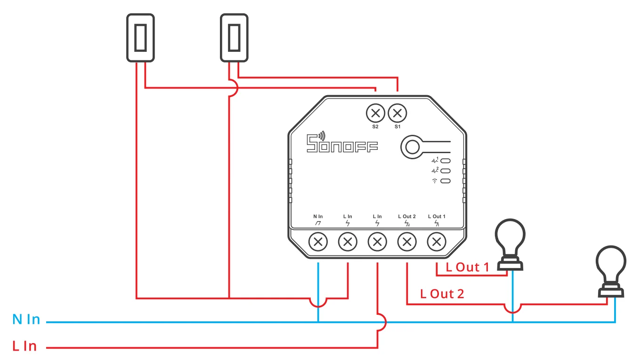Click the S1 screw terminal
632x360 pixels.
point(397,113)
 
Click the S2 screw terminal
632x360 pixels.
point(375,113)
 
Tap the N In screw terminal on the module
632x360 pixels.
point(318,242)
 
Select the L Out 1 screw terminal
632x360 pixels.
point(437,242)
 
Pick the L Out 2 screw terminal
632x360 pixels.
point(407,242)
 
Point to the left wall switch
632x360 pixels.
point(140,38)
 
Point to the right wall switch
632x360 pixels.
point(234,38)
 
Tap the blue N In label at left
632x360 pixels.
point(26,319)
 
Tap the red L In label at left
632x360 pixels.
point(24,346)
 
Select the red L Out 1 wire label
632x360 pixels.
point(468,267)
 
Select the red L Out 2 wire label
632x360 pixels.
point(442,294)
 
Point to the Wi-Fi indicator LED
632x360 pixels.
point(445,181)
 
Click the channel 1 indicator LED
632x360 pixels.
point(445,161)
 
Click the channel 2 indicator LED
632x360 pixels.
point(445,171)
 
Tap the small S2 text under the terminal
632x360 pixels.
point(375,127)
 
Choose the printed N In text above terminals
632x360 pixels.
point(318,216)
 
